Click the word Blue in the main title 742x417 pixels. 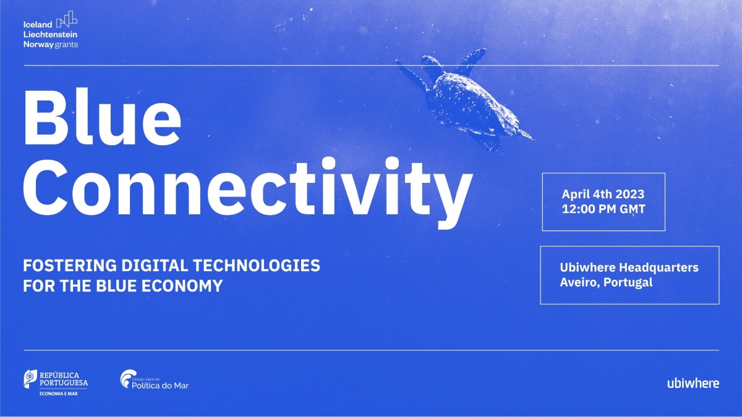pos(103,117)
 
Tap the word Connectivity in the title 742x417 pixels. pos(248,193)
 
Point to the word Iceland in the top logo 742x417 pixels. pos(38,25)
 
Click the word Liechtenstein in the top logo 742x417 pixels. pos(50,35)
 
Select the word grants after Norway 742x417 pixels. pos(66,44)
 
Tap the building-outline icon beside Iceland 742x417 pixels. pos(67,19)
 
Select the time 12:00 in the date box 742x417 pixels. pos(576,209)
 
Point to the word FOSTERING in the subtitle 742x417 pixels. pos(70,266)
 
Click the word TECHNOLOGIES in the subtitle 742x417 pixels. pos(257,266)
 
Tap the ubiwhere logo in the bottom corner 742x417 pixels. pos(693,383)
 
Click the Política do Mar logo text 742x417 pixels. pos(160,385)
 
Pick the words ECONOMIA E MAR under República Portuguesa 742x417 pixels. pos(59,394)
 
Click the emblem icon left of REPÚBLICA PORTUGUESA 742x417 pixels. pos(30,378)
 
